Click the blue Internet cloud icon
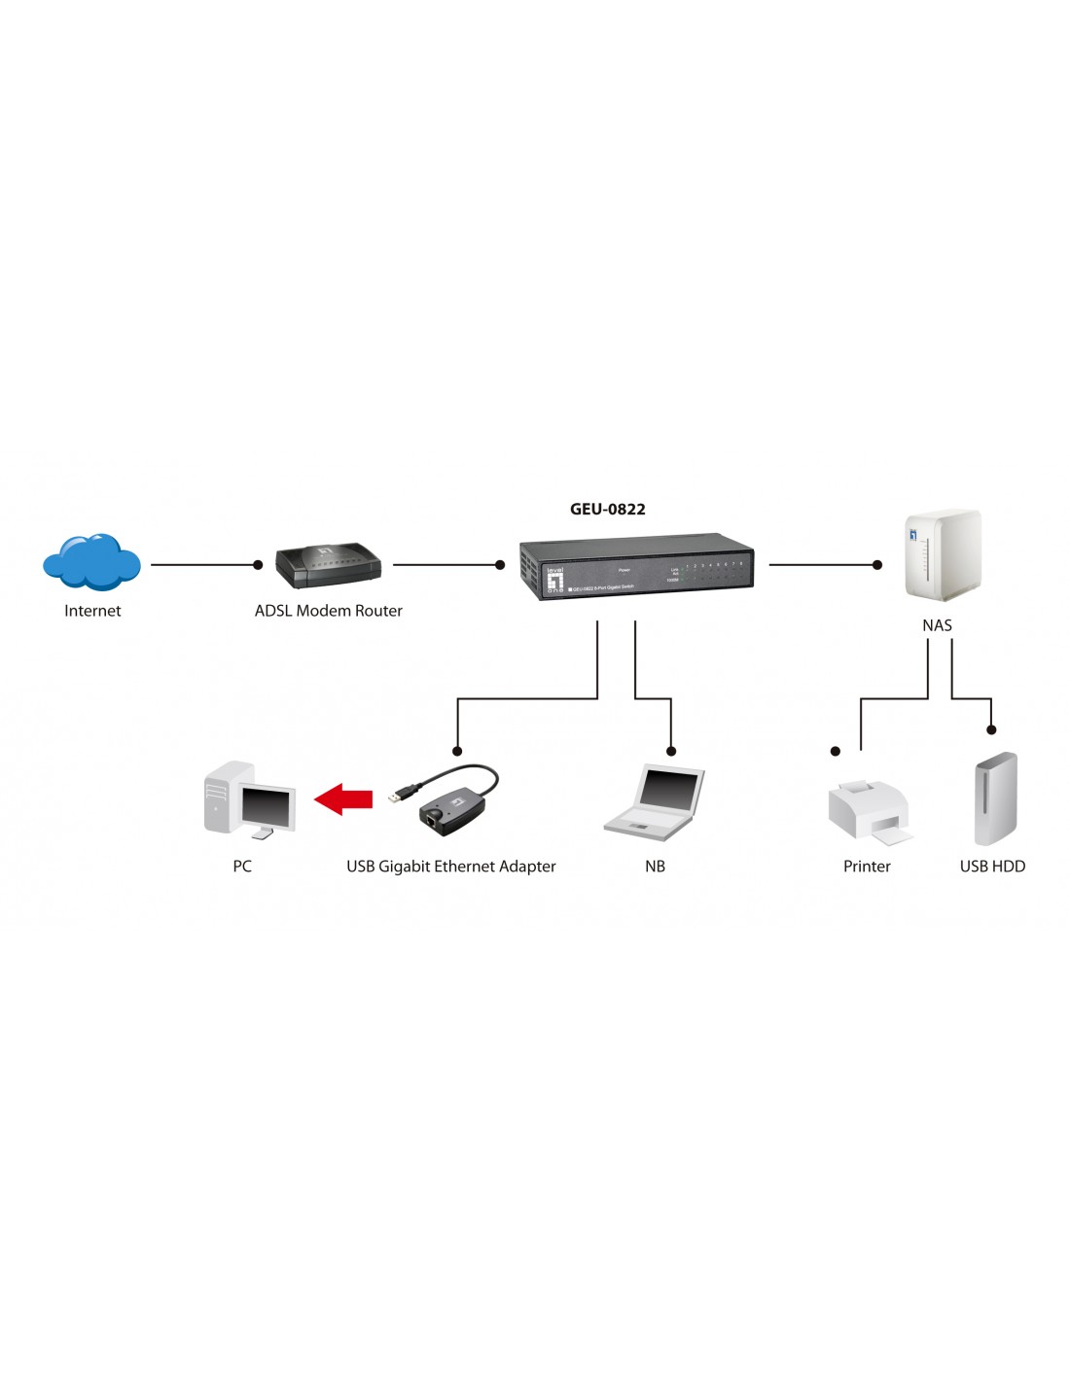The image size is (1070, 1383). [x=91, y=562]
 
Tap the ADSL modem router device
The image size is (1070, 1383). [x=328, y=565]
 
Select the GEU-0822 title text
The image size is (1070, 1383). [x=607, y=509]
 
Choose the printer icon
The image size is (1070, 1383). [x=869, y=811]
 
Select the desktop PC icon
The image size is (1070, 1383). [x=248, y=799]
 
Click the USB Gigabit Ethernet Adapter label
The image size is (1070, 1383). [x=451, y=867]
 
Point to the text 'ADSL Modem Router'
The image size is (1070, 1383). [x=328, y=611]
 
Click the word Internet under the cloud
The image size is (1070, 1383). [x=92, y=611]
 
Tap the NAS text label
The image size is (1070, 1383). [x=937, y=625]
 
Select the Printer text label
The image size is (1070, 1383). [x=867, y=867]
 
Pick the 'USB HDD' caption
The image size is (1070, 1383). [x=992, y=867]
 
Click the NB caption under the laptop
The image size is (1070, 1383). [x=655, y=867]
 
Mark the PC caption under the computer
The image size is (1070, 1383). [x=242, y=867]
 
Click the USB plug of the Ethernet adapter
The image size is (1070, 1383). [x=396, y=796]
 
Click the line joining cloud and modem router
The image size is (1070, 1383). [x=204, y=564]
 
